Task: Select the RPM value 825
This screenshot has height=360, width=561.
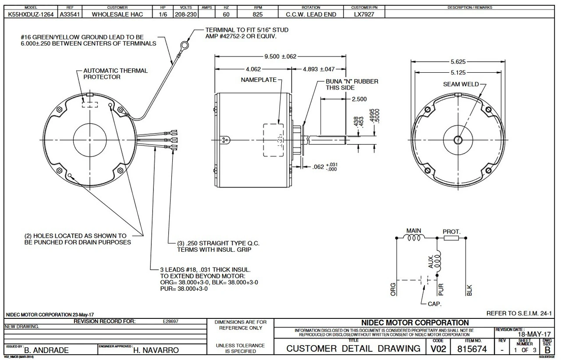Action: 257,14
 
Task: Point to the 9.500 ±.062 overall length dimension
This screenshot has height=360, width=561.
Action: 280,56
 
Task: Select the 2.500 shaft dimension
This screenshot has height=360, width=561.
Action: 359,99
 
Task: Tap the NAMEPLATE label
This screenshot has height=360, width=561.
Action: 259,80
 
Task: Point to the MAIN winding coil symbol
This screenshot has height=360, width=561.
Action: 414,238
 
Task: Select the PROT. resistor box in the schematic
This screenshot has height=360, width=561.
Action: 451,238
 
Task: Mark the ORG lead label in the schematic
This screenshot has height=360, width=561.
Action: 393,289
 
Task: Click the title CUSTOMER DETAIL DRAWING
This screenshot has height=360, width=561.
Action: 353,349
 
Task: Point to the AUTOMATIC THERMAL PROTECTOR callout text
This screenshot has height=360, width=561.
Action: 115,74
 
